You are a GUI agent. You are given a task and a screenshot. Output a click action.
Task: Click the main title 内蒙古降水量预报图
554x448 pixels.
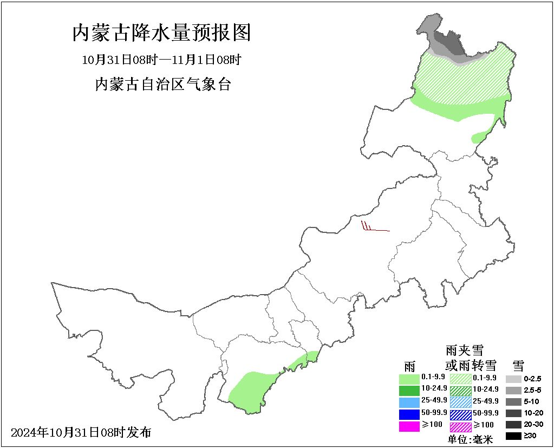tap(162, 33)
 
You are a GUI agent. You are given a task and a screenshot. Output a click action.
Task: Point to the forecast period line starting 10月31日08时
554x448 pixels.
tap(161, 60)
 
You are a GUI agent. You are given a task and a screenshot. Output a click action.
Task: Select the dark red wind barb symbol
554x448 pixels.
tap(374, 227)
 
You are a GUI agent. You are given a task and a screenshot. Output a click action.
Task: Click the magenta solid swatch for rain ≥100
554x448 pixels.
tap(409, 426)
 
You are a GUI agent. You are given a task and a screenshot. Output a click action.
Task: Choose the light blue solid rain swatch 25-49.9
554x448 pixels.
tap(409, 402)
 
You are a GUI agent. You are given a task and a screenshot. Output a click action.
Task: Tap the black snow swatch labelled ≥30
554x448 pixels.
tap(513, 436)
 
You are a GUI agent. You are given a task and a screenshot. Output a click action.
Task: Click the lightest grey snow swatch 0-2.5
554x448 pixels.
tap(513, 379)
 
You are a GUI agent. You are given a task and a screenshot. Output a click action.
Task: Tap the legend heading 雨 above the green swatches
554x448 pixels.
tap(409, 365)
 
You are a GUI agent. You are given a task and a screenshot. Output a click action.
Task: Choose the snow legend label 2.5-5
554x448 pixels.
tap(533, 390)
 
